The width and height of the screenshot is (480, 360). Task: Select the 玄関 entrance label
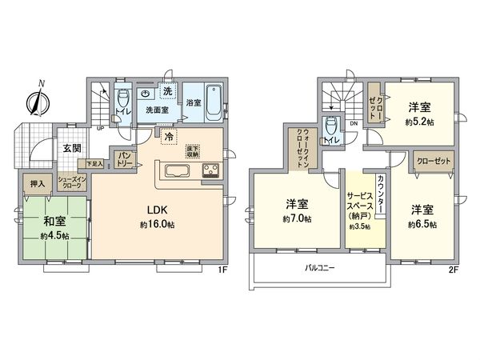point(70,148)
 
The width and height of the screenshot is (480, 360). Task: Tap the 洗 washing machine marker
point(167,91)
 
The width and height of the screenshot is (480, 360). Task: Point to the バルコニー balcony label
point(318,268)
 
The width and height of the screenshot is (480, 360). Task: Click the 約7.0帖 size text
point(297,218)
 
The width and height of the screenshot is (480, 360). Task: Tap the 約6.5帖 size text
point(422,225)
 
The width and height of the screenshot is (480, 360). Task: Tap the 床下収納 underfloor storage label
point(192,150)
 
